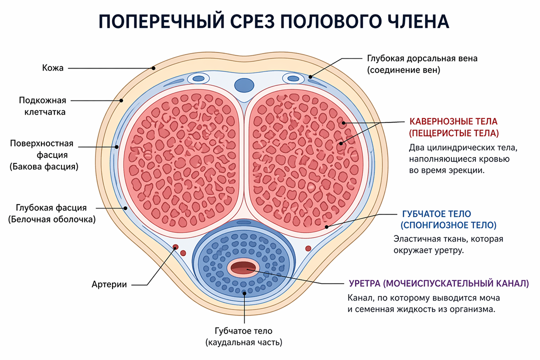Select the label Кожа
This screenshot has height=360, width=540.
pos(52,68)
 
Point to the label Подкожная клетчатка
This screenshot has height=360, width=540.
pos(42,106)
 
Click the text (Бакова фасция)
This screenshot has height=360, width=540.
pos(44,166)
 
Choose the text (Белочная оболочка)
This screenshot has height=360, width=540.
pos(52,219)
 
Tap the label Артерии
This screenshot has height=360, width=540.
pos(109,284)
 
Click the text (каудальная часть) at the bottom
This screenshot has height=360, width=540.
pos(244,342)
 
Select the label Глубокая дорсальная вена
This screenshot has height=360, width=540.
pos(422,58)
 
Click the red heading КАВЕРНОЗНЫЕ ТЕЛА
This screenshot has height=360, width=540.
pos(453,121)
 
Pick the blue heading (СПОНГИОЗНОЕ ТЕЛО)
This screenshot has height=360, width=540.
pos(448,225)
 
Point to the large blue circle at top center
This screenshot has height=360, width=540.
pos(244,85)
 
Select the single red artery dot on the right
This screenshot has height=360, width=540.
pos(308,248)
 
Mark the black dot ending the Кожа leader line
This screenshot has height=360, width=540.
pos(153,68)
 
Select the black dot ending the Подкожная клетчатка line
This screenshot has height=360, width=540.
pos(121,100)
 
